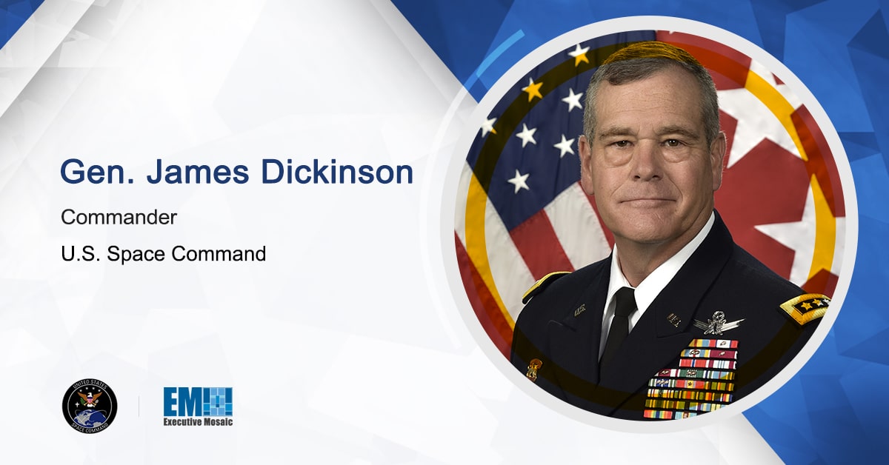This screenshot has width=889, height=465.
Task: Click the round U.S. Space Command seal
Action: pos(90,406)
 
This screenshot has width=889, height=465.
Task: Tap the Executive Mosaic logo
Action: pos(198,407)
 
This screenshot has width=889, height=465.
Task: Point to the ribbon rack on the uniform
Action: pos(692,378)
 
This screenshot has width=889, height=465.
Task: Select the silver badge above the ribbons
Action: pos(716,323)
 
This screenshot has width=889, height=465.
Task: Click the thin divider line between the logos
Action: pos(139,406)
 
